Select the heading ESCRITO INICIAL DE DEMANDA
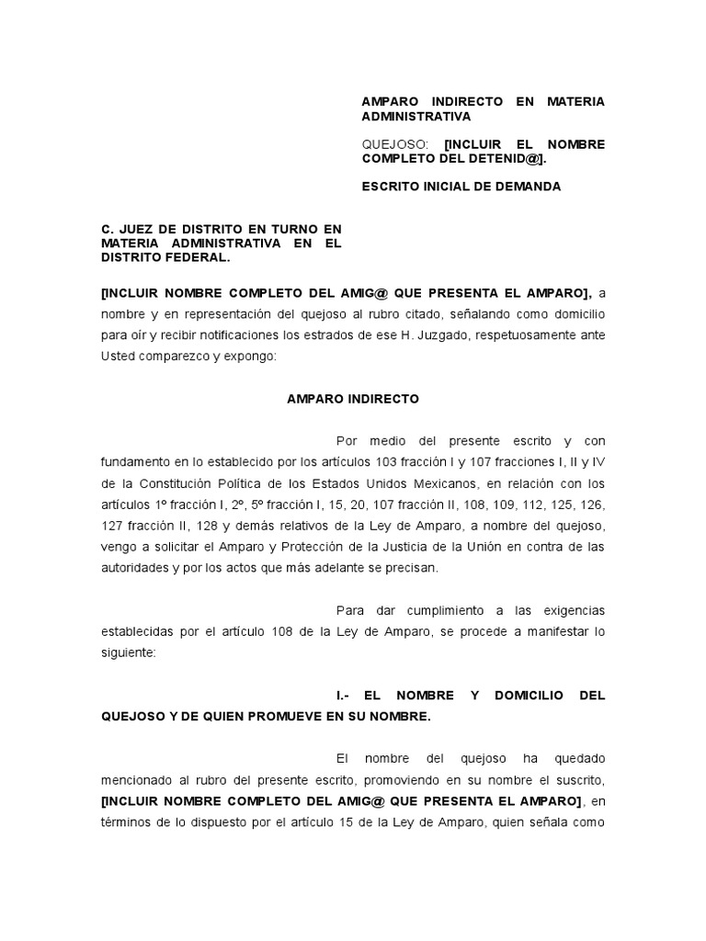point(461,187)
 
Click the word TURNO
point(271,229)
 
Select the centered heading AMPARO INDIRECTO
point(352,399)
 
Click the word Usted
point(117,356)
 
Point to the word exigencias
point(568,611)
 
